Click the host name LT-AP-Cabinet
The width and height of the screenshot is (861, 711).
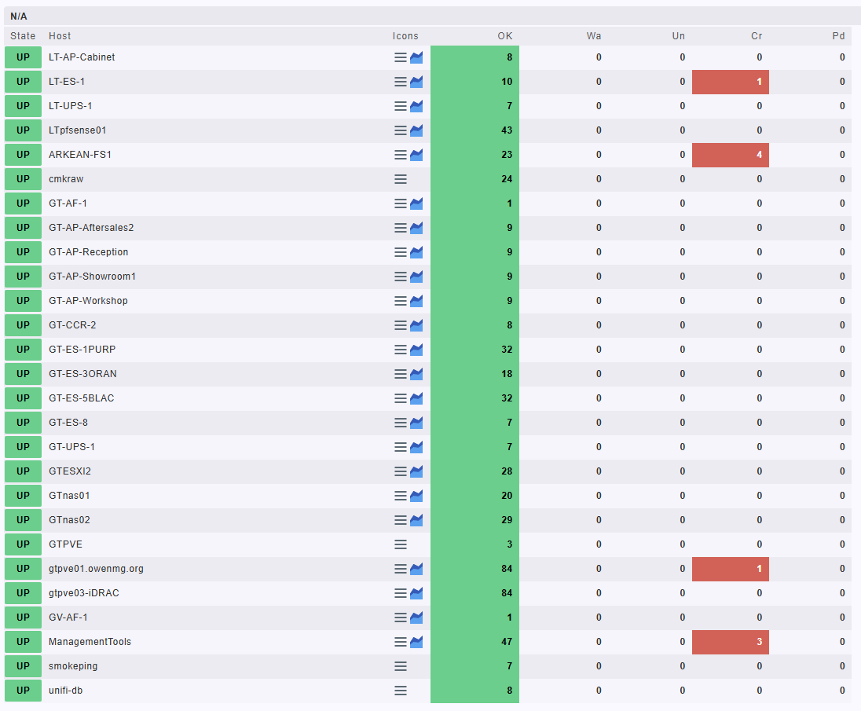(x=82, y=57)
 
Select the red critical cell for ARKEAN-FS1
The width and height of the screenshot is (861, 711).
(x=731, y=155)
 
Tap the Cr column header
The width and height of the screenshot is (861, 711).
(x=757, y=36)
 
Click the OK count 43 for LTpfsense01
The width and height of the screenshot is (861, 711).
(x=507, y=130)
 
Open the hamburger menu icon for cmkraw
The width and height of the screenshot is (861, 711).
(x=401, y=179)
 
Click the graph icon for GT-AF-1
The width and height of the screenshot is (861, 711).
(x=416, y=203)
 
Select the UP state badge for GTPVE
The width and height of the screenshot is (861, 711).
(x=23, y=544)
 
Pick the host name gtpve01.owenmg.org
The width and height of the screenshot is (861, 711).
(x=96, y=569)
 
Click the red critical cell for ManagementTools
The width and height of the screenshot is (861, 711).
(x=731, y=642)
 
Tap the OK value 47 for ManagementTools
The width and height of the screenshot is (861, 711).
(x=507, y=642)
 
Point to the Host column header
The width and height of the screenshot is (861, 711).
(x=60, y=36)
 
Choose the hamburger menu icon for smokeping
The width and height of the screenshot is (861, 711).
(x=401, y=666)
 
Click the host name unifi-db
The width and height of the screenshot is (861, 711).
(x=66, y=691)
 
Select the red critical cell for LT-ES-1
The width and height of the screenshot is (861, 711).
(x=731, y=82)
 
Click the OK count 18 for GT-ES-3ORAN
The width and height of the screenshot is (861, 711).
(x=507, y=374)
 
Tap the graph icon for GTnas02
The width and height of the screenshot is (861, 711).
(x=416, y=520)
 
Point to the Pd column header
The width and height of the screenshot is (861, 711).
(x=839, y=36)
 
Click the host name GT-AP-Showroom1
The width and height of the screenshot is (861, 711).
(x=92, y=277)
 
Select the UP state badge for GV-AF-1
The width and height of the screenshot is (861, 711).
(x=23, y=618)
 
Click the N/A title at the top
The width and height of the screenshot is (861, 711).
(x=20, y=16)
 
